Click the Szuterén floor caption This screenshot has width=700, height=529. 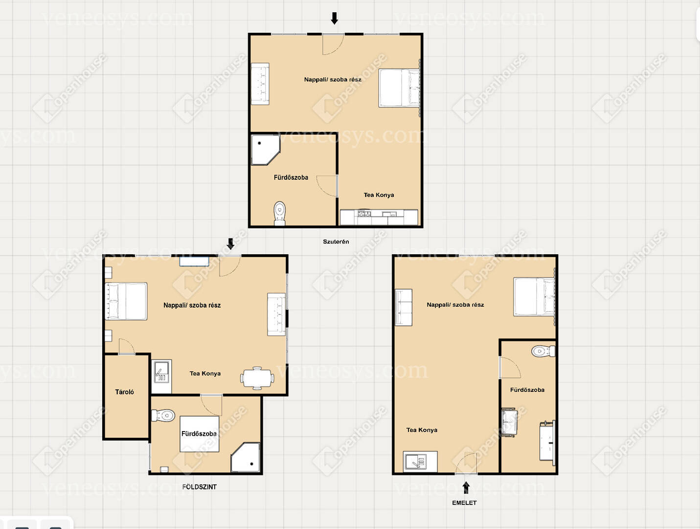pyautogui.click(x=336, y=241)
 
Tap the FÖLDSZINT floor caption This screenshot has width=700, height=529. pyautogui.click(x=199, y=487)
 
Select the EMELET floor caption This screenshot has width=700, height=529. pyautogui.click(x=464, y=503)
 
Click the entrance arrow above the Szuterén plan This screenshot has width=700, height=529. pyautogui.click(x=334, y=19)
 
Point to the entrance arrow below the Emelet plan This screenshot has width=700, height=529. pyautogui.click(x=466, y=487)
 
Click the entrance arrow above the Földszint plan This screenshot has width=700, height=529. pyautogui.click(x=230, y=244)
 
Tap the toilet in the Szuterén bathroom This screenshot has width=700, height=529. pyautogui.click(x=280, y=213)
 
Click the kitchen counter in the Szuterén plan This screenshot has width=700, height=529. pyautogui.click(x=379, y=217)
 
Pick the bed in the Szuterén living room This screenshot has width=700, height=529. pyautogui.click(x=399, y=88)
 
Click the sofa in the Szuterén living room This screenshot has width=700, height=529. pyautogui.click(x=260, y=84)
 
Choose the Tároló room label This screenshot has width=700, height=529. pyautogui.click(x=124, y=392)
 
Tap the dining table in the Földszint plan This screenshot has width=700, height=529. pyautogui.click(x=257, y=378)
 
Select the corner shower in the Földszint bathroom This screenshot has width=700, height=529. pyautogui.click(x=246, y=457)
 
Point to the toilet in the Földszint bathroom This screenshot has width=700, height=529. pyautogui.click(x=163, y=416)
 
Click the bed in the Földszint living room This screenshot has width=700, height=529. pyautogui.click(x=126, y=301)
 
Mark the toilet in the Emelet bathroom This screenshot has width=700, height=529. pyautogui.click(x=543, y=351)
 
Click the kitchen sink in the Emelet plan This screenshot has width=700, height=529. pyautogui.click(x=420, y=461)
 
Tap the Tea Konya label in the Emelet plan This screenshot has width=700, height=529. pyautogui.click(x=422, y=430)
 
